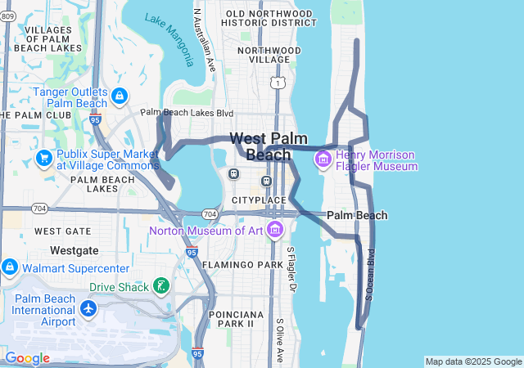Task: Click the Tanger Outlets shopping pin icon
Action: pos(120,96)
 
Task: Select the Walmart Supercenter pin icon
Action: pos(9,267)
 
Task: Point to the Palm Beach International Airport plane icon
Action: pos(88,310)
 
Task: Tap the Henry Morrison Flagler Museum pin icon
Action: pos(323,158)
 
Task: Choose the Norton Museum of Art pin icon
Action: pos(274,228)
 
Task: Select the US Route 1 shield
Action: pos(279,83)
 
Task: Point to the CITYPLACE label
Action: pos(259,200)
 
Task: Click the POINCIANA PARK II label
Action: pos(231,319)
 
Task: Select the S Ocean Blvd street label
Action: pos(369,274)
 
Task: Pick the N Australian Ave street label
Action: pos(203,38)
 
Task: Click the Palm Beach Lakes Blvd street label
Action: pos(187,113)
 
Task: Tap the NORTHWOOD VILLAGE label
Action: pos(264,55)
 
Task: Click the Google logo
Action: pos(27,358)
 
